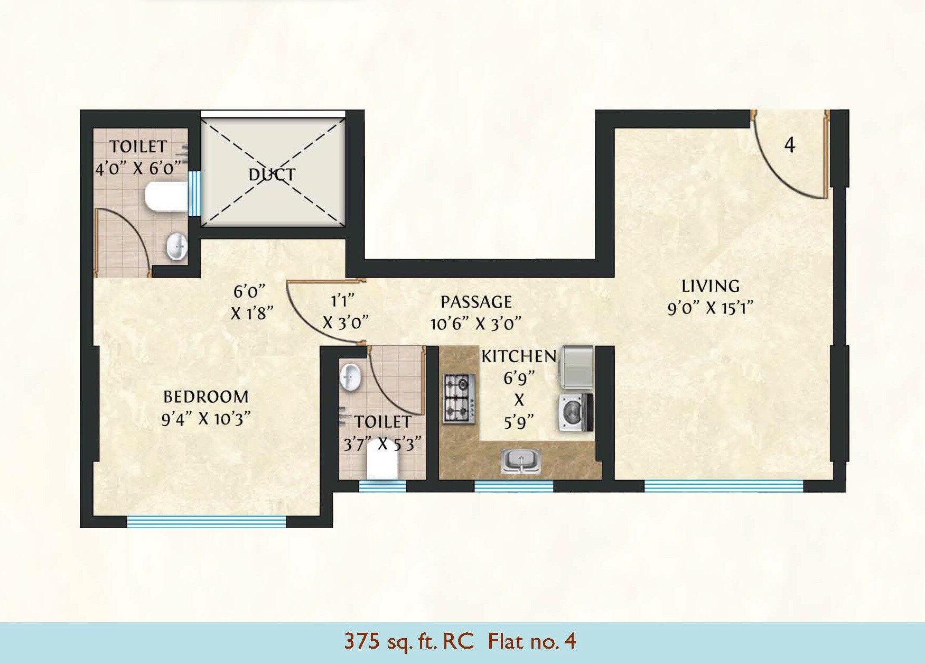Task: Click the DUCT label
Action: click(x=272, y=174)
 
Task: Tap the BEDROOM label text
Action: click(x=205, y=396)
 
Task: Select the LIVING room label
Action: click(x=710, y=286)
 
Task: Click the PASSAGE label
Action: click(x=476, y=302)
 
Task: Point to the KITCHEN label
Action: click(x=518, y=356)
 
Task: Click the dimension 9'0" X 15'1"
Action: click(x=710, y=308)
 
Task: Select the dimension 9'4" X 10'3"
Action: click(x=205, y=419)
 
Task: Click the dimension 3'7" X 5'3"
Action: click(x=382, y=444)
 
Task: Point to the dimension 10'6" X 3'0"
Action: click(x=476, y=324)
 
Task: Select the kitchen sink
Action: click(x=521, y=460)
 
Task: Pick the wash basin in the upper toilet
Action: click(x=177, y=246)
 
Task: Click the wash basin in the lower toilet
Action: click(x=351, y=377)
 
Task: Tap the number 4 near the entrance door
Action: click(x=789, y=144)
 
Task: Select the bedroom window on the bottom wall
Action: click(x=206, y=522)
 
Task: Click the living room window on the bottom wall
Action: click(x=724, y=485)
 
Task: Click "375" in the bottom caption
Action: click(x=362, y=641)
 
